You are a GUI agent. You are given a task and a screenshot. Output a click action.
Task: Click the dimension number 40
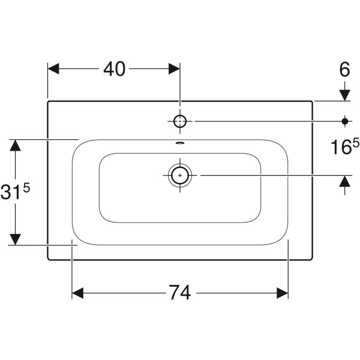[115, 69]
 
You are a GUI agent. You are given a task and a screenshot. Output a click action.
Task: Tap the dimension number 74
[180, 293]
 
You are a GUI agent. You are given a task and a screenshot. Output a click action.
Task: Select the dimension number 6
[344, 69]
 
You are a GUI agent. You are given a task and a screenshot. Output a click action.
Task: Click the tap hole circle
[180, 121]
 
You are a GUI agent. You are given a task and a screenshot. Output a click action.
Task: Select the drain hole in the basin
[180, 175]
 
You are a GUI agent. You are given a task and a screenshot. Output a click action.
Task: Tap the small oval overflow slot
[180, 143]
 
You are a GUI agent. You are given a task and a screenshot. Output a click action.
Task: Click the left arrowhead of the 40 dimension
[53, 69]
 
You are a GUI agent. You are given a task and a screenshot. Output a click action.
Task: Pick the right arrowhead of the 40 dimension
[174, 69]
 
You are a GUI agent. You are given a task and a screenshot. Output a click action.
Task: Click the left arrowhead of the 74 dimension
[77, 293]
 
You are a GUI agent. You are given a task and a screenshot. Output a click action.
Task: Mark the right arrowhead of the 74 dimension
[283, 293]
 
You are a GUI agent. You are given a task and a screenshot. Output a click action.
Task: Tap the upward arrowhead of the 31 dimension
[15, 145]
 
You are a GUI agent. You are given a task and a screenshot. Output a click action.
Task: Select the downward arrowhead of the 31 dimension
[15, 239]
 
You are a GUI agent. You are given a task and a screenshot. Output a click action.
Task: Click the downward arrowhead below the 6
[345, 95]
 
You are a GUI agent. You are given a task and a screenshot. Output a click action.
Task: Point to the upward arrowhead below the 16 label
[345, 181]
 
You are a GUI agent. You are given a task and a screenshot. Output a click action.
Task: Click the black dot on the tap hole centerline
[345, 121]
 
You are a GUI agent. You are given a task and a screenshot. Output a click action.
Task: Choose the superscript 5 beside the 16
[355, 144]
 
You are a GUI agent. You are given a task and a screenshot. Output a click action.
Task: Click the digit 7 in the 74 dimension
[174, 293]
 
